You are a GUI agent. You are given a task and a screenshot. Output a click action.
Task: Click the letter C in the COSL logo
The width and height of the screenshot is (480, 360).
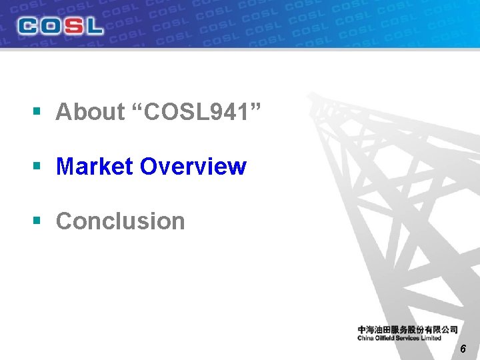tap(29, 26)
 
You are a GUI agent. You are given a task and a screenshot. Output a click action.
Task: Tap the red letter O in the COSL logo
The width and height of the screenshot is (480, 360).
tap(50, 26)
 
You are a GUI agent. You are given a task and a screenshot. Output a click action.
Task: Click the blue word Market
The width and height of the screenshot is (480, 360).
tap(95, 167)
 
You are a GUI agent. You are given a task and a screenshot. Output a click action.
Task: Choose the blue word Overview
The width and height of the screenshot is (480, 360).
tap(193, 167)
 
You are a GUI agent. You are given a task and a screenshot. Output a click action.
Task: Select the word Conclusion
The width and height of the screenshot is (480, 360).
tap(120, 221)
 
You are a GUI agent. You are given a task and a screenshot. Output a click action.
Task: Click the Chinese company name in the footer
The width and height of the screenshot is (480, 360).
tap(407, 329)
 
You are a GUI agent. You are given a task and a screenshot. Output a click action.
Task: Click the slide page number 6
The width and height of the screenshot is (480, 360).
tap(463, 350)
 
